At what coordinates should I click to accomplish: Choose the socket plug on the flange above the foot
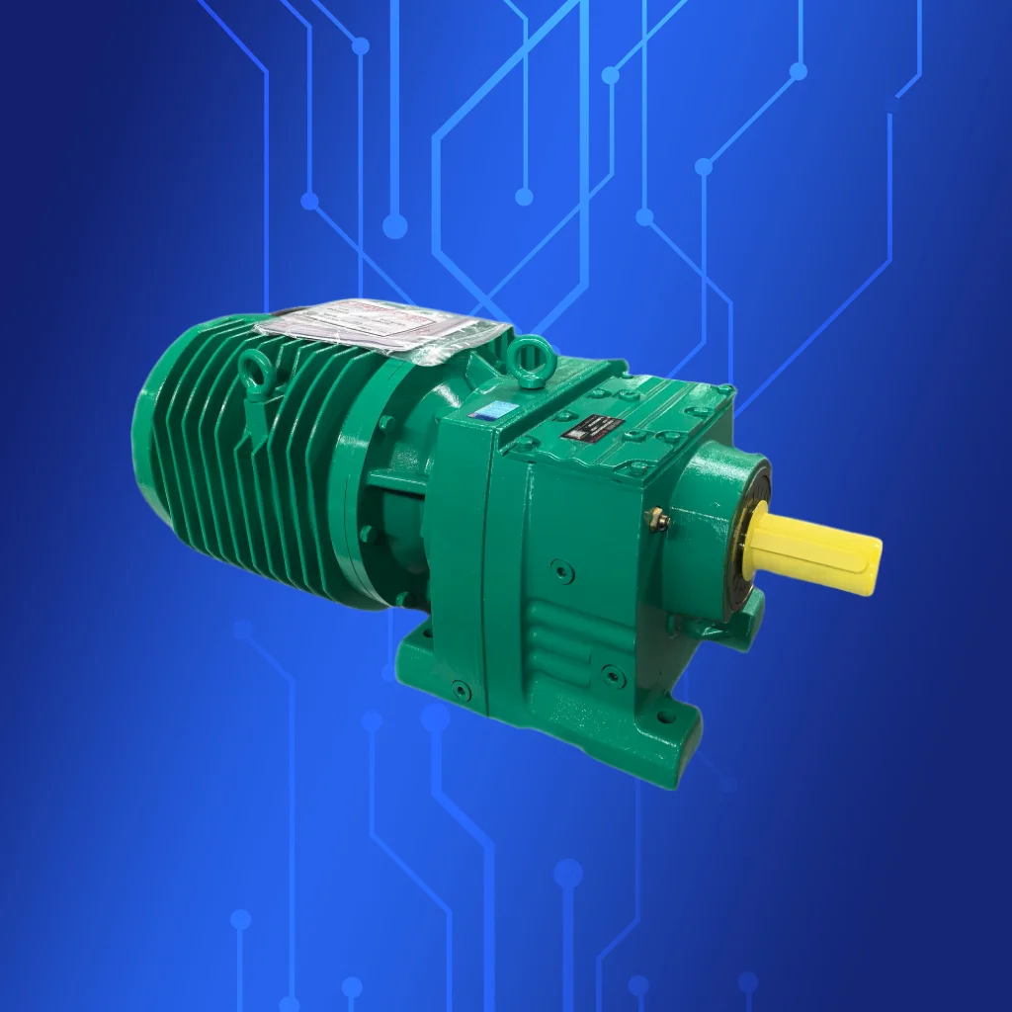pos(461,690)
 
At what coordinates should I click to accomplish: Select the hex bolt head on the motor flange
pos(386,423)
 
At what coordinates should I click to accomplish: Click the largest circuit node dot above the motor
pos(394,227)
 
